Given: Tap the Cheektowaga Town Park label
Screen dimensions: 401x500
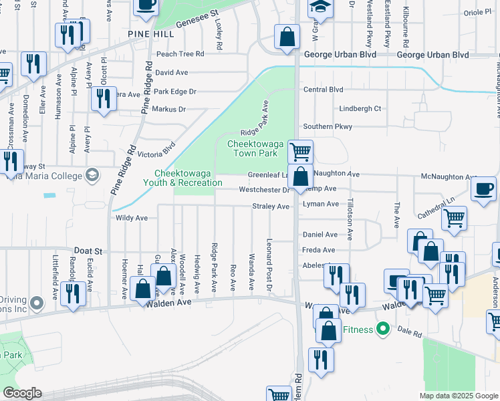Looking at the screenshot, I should [x=257, y=148].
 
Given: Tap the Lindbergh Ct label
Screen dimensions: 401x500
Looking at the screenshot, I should [x=360, y=108].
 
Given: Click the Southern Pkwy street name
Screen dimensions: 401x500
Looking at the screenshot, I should [x=327, y=126].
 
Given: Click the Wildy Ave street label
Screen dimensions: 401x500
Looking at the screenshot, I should [x=132, y=218].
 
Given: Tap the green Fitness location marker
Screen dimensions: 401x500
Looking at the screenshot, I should [x=382, y=329].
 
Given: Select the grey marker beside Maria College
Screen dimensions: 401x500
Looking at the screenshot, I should [x=92, y=176].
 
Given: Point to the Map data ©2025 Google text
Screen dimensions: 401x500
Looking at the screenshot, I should [x=458, y=396].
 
